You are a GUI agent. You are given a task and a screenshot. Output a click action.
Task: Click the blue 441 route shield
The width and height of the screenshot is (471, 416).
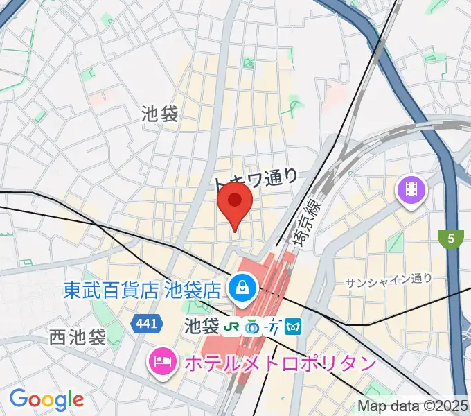pyautogui.click(x=148, y=323)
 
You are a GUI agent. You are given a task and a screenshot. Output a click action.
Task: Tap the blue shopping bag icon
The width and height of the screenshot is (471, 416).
pyautogui.click(x=243, y=286)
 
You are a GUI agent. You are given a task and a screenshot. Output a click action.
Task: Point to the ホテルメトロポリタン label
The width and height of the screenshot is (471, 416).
pyautogui.click(x=278, y=363)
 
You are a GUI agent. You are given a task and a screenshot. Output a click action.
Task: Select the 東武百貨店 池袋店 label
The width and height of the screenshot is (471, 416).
pyautogui.click(x=142, y=288)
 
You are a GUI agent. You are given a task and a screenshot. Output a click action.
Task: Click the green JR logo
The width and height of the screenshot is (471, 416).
pyautogui.click(x=234, y=324)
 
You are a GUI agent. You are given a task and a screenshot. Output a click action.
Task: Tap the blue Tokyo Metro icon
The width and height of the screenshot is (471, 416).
pyautogui.click(x=293, y=324)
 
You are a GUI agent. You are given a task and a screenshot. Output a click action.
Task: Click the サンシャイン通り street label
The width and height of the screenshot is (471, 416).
pyautogui.click(x=388, y=279)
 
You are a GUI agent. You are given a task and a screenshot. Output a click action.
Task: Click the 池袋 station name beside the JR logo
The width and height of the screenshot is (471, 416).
pyautogui.click(x=202, y=324)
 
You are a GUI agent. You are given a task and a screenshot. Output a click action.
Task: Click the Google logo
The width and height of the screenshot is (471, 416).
pyautogui.click(x=46, y=399)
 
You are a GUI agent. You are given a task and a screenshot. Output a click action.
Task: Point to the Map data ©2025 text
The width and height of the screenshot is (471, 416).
pyautogui.click(x=413, y=406)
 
